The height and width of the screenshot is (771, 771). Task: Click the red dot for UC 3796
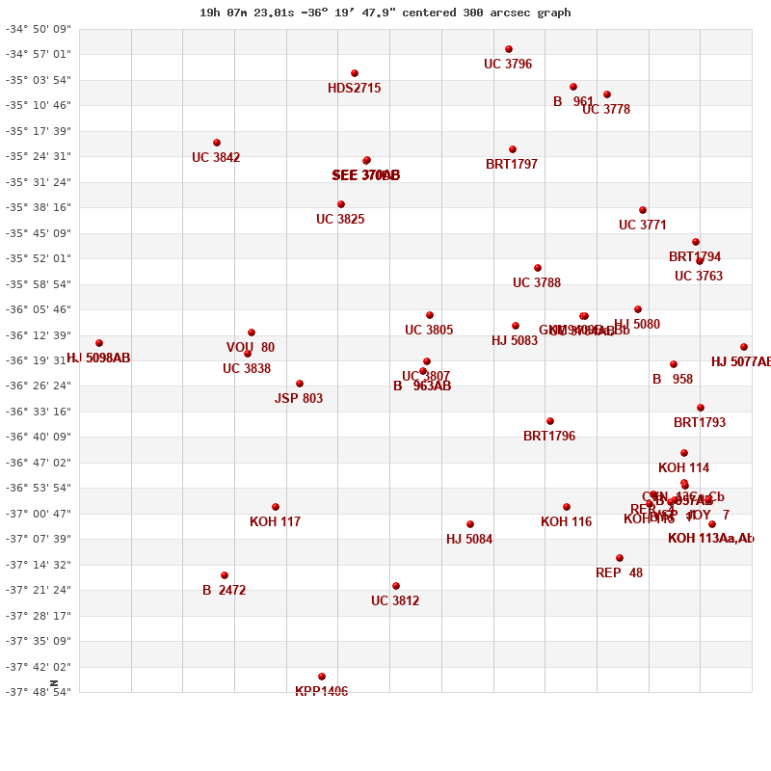click(509, 49)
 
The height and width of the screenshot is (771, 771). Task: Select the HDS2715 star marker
click(355, 73)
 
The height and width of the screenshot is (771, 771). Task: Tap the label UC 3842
click(216, 158)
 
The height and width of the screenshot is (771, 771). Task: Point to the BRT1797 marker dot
click(513, 149)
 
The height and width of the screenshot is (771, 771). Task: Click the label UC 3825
click(340, 220)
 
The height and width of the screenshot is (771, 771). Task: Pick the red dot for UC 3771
click(643, 210)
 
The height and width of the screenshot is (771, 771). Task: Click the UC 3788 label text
click(537, 283)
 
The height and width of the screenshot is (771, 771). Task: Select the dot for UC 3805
click(430, 315)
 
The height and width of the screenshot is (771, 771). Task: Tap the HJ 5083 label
click(515, 341)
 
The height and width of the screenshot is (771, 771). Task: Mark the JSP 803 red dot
click(300, 384)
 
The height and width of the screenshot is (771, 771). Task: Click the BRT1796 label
click(549, 437)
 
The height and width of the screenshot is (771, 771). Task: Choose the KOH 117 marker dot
click(276, 507)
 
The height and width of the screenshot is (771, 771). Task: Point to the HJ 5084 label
click(469, 540)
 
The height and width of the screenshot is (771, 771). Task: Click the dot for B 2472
click(225, 575)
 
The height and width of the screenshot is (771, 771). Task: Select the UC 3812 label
click(395, 601)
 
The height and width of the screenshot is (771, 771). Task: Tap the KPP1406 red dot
click(322, 677)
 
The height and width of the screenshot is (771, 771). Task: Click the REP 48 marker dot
click(620, 558)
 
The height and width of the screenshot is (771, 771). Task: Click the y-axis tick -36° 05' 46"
click(39, 309)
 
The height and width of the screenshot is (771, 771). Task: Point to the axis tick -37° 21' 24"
click(39, 590)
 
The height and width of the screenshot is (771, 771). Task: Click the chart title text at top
click(385, 13)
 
